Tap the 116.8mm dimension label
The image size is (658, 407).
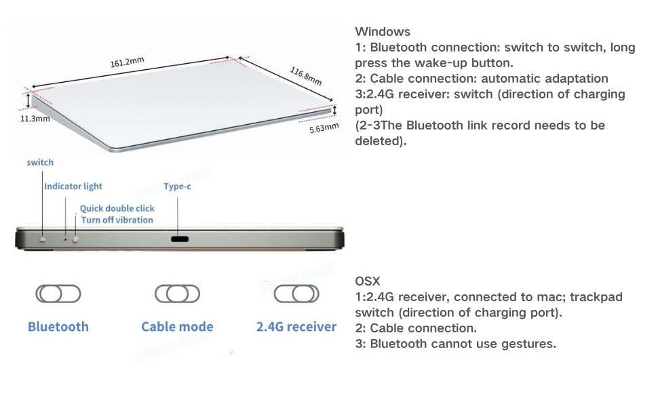click(305, 75)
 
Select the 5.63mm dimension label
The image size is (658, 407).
click(323, 127)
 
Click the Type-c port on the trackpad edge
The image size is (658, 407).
click(180, 239)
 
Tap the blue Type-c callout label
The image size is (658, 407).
click(177, 186)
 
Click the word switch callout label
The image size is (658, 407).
click(40, 163)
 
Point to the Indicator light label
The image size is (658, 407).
click(73, 186)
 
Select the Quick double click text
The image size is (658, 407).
click(117, 208)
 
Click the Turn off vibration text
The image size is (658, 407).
click(117, 220)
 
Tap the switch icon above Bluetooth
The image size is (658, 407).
click(58, 294)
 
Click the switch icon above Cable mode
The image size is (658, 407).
click(177, 294)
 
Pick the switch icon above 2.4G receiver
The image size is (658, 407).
click(296, 294)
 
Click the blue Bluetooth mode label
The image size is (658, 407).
click(58, 327)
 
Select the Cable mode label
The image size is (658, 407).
click(177, 327)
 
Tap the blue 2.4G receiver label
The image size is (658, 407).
click(296, 327)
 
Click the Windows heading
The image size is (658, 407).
click(383, 32)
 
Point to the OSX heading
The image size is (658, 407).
click(368, 282)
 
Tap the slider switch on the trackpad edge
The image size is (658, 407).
click(43, 239)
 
